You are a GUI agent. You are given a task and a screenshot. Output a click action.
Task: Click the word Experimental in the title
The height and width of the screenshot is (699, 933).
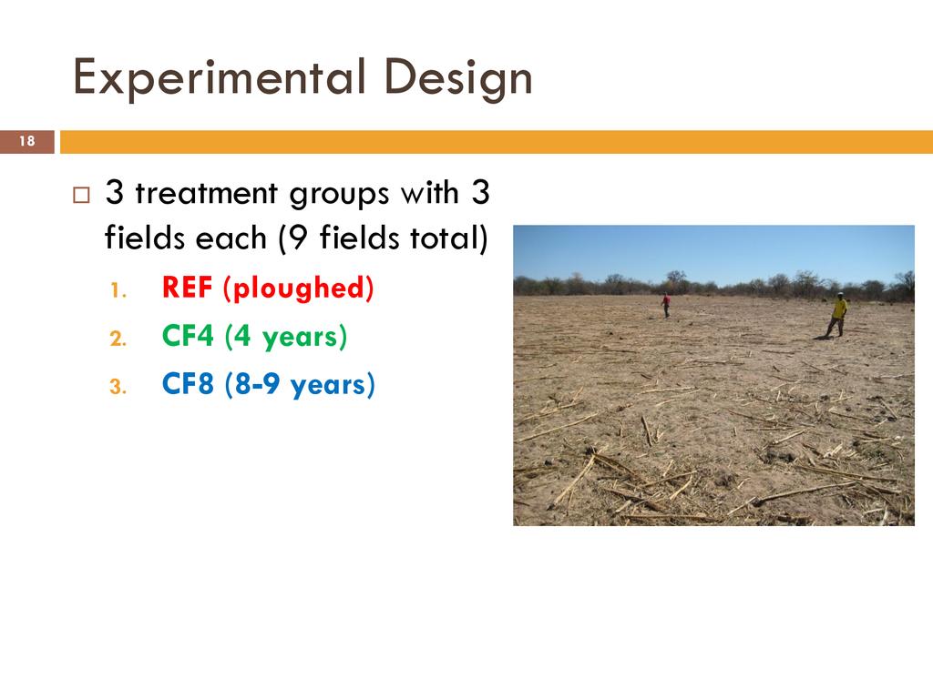click(x=219, y=78)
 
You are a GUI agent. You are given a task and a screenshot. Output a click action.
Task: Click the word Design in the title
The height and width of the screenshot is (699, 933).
click(x=458, y=78)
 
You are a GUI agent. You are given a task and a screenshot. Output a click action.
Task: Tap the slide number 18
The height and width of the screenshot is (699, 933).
click(x=26, y=141)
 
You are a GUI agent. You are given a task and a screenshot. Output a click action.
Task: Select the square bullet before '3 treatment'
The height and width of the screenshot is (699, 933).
click(x=81, y=196)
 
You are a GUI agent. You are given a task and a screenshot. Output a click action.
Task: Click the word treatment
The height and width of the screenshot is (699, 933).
click(x=206, y=193)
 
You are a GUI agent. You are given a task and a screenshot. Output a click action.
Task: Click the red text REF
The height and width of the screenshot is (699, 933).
click(x=187, y=288)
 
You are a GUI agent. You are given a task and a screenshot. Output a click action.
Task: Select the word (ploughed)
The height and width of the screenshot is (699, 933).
click(x=298, y=289)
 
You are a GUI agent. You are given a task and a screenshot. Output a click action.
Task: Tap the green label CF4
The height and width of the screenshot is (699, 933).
click(x=188, y=336)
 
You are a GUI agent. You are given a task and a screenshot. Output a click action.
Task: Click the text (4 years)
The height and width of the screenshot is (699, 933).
click(x=285, y=338)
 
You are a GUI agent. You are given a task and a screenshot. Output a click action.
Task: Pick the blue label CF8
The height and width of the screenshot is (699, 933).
click(x=188, y=384)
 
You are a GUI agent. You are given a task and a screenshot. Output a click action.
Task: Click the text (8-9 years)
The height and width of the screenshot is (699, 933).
click(x=300, y=386)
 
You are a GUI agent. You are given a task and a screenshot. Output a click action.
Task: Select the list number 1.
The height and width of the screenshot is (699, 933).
click(x=118, y=290)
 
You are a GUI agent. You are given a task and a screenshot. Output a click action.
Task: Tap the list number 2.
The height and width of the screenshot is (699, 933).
click(x=118, y=339)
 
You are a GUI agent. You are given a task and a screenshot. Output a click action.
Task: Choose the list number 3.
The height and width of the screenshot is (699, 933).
click(x=118, y=387)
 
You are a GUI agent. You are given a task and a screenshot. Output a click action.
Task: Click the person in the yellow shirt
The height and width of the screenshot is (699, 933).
click(x=837, y=315)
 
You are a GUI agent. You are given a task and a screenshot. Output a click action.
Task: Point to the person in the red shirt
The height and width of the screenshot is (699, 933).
click(x=666, y=306)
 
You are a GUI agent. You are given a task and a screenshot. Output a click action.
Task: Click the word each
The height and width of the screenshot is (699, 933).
click(x=231, y=239)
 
